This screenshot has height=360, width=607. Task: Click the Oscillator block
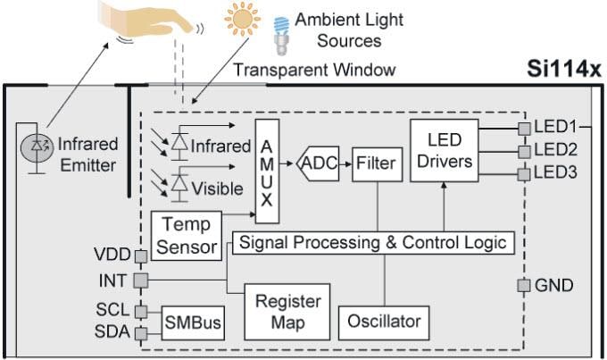pyautogui.click(x=383, y=319)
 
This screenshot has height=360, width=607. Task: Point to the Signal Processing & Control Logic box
pyautogui.click(x=373, y=242)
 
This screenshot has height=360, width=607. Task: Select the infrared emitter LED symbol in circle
pyautogui.click(x=38, y=146)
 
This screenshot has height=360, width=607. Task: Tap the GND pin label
pyautogui.click(x=553, y=286)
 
